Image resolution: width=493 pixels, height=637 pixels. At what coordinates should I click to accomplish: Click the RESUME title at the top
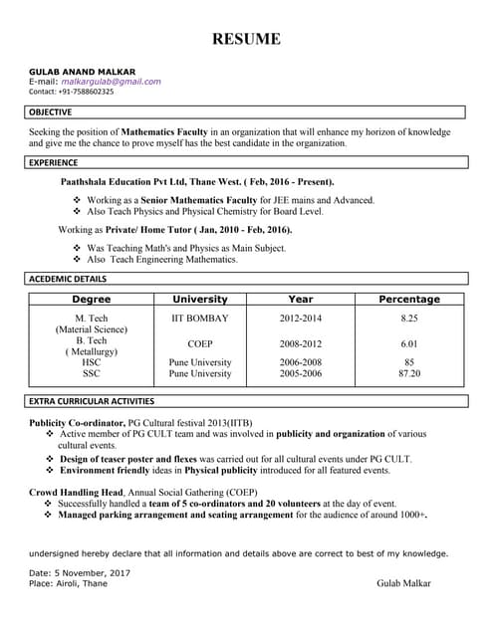click(x=245, y=40)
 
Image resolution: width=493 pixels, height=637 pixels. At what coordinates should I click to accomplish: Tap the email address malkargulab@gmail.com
click(x=111, y=82)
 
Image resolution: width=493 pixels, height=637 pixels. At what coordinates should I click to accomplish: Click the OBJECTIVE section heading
click(x=50, y=112)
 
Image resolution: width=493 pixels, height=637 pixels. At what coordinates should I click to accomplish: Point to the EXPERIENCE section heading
click(x=54, y=162)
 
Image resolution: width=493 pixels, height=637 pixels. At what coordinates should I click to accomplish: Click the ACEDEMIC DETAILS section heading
click(x=68, y=279)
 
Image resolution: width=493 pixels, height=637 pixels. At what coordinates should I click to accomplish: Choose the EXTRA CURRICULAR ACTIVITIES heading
click(x=92, y=401)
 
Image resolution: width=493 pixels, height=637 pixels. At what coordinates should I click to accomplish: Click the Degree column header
click(x=92, y=299)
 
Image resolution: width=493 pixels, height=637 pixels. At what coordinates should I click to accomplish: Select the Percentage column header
click(x=408, y=299)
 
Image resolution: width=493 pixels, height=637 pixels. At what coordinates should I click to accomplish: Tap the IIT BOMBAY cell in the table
click(x=200, y=318)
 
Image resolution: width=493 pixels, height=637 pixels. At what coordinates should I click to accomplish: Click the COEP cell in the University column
click(x=200, y=344)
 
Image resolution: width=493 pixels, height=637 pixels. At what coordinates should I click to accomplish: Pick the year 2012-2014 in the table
click(x=300, y=318)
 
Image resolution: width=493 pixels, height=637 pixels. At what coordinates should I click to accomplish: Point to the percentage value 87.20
click(x=408, y=374)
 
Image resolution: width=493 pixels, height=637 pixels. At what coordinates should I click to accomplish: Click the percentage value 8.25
click(x=408, y=318)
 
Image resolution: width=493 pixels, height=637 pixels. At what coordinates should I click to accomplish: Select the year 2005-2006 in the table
click(x=300, y=374)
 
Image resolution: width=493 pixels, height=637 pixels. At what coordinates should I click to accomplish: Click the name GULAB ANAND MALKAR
click(x=82, y=72)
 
